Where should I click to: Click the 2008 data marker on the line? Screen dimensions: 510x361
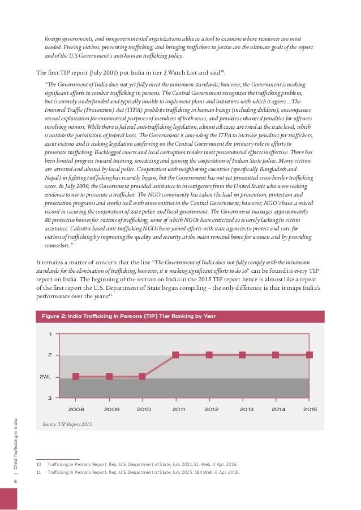[76, 376]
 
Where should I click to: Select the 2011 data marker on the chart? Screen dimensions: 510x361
[175, 355]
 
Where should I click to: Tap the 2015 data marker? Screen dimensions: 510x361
[310, 355]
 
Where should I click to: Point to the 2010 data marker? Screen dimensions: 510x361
[142, 376]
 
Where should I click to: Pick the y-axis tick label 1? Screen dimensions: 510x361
[50, 334]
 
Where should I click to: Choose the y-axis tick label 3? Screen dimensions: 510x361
[50, 398]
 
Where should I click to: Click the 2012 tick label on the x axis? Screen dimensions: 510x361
[212, 408]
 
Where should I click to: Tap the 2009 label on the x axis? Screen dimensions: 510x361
[112, 408]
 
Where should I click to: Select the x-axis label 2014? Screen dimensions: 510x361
[278, 408]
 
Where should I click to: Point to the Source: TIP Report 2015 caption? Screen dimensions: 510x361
[67, 423]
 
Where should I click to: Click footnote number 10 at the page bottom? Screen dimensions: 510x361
[39, 464]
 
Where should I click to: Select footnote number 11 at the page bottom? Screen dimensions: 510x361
[39, 472]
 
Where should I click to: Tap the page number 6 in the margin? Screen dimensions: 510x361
[16, 480]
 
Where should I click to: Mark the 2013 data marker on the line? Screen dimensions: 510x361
[242, 355]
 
